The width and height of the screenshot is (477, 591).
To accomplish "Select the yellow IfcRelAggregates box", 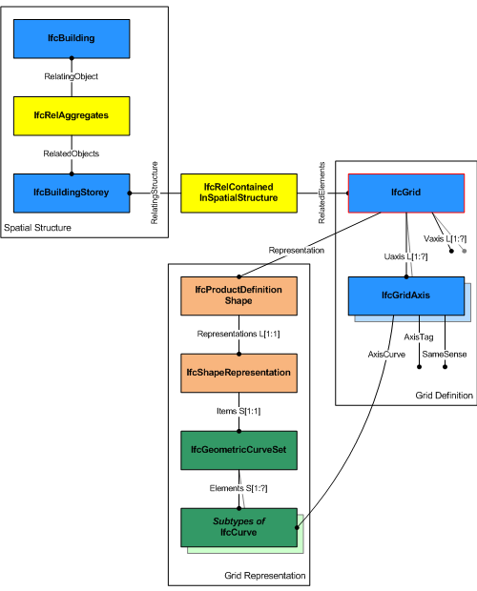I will pyautogui.click(x=72, y=114).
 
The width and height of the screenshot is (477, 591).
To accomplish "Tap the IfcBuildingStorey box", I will pyautogui.click(x=72, y=193).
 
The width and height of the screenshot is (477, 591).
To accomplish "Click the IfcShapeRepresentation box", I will pyautogui.click(x=238, y=373).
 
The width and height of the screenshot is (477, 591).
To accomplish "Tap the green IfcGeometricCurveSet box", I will pyautogui.click(x=238, y=449).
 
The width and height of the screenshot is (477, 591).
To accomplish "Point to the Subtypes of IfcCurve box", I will pyautogui.click(x=238, y=527).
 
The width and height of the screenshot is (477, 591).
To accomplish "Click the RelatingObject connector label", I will pyautogui.click(x=72, y=76).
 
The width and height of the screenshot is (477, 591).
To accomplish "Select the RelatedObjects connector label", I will pyautogui.click(x=72, y=153).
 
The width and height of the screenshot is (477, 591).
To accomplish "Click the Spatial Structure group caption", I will pyautogui.click(x=37, y=228).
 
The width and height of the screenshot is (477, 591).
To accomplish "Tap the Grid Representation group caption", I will pyautogui.click(x=265, y=576).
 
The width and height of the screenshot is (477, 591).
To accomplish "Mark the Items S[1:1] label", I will pyautogui.click(x=238, y=411).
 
